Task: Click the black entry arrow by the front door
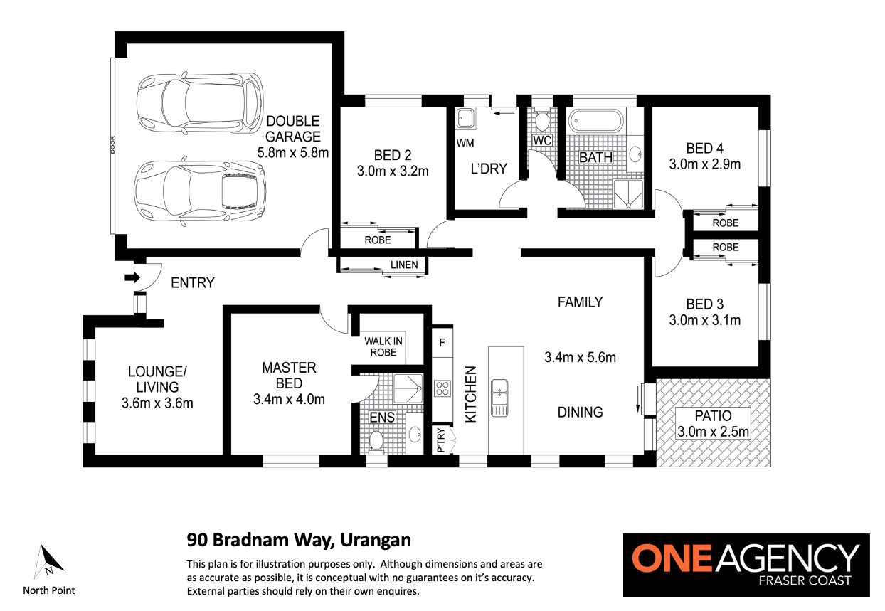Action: click(132, 277)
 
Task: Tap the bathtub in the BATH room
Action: click(596, 120)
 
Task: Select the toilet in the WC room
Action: click(541, 120)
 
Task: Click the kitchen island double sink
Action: click(499, 398)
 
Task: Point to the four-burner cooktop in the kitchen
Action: click(442, 388)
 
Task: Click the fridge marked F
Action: click(442, 342)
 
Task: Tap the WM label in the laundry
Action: click(465, 143)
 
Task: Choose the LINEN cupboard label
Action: click(404, 265)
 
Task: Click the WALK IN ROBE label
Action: click(383, 346)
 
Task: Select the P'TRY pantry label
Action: click(441, 440)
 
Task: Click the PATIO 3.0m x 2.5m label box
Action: click(713, 423)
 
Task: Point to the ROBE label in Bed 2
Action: click(378, 240)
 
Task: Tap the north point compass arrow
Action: click(48, 561)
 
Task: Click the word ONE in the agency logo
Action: click(672, 558)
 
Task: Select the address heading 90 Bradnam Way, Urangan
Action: click(299, 540)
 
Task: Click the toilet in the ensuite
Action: click(376, 441)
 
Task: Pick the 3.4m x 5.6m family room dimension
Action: click(580, 358)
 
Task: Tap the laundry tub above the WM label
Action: click(466, 118)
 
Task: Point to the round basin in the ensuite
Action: click(415, 435)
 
